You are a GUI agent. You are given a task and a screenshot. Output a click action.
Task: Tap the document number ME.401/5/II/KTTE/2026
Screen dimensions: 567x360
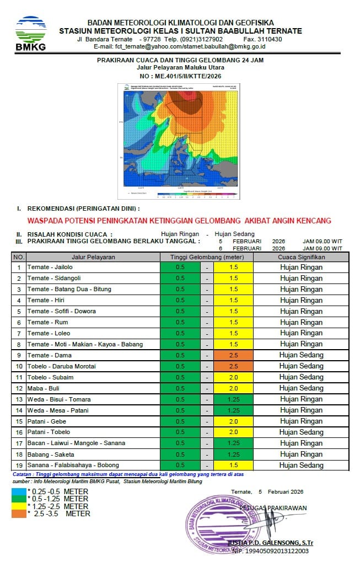(x=180, y=76)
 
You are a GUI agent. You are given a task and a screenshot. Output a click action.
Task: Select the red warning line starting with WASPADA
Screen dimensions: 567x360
(x=179, y=221)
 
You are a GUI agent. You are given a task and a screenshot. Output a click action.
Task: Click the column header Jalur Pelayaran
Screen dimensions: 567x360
(x=93, y=257)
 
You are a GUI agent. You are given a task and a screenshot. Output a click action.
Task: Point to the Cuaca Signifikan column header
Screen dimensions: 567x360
(x=301, y=257)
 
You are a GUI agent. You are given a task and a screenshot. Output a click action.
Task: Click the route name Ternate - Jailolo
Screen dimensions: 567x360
(x=49, y=268)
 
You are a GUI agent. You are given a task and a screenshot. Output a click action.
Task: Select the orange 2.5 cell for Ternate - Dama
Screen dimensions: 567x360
(x=233, y=355)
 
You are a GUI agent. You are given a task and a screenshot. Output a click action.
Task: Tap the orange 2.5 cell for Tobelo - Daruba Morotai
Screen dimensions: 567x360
(x=233, y=366)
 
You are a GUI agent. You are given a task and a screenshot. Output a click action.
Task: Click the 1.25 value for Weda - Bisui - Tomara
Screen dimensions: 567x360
(x=233, y=399)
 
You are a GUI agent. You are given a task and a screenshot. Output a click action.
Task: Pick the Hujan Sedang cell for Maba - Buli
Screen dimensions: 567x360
(x=301, y=388)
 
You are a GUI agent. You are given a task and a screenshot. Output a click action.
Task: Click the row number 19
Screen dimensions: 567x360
(x=18, y=465)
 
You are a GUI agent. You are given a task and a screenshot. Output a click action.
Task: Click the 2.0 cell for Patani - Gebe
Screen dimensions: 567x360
(x=233, y=421)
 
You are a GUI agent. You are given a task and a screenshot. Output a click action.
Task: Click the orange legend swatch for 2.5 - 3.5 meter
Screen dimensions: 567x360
(x=18, y=513)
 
